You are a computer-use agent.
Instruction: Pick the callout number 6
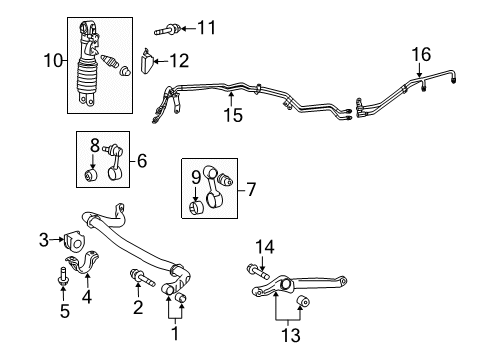pyautogui.click(x=141, y=160)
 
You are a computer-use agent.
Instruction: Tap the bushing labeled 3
pyautogui.click(x=73, y=240)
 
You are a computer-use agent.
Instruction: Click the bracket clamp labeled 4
pyautogui.click(x=92, y=262)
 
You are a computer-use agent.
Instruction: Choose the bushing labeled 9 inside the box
pyautogui.click(x=198, y=207)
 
